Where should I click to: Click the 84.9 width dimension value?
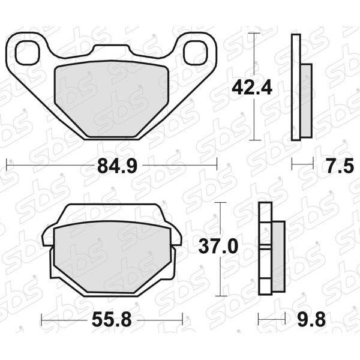[118, 166]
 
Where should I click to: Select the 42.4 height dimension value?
[252, 87]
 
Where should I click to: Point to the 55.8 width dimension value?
[112, 320]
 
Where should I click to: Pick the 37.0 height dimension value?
[218, 247]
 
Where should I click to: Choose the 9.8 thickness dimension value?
[311, 320]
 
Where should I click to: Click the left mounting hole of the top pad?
[27, 53]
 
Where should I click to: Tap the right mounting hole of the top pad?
[196, 53]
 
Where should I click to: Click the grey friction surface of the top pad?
[112, 98]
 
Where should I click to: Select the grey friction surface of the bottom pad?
[112, 257]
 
